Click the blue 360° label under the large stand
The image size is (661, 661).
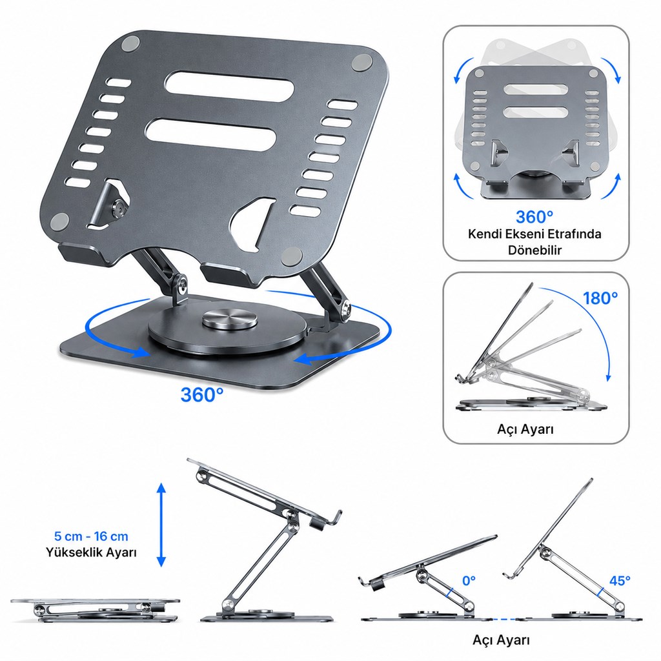click(x=202, y=394)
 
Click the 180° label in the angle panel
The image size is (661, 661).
click(x=600, y=298)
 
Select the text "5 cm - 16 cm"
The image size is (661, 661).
click(x=91, y=536)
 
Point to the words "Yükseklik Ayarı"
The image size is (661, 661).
click(x=91, y=553)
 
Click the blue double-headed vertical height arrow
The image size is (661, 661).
click(x=161, y=525)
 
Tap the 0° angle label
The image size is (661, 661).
click(x=469, y=581)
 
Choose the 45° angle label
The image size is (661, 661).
click(x=620, y=580)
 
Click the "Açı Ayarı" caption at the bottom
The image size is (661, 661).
click(x=501, y=640)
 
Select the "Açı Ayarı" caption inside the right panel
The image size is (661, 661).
click(x=525, y=429)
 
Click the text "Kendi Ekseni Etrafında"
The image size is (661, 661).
click(x=534, y=234)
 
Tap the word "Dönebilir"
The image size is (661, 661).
click(x=534, y=250)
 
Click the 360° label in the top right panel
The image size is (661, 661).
click(x=534, y=217)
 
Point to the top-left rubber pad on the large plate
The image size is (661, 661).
click(x=130, y=44)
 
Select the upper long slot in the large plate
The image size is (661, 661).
click(x=229, y=86)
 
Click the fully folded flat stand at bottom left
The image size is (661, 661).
click(x=96, y=611)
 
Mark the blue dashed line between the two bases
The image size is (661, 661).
click(x=504, y=619)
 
